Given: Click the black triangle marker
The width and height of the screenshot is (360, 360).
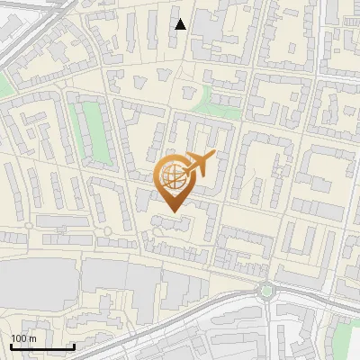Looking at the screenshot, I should tap(181, 24).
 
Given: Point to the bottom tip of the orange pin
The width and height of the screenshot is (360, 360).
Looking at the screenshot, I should tap(174, 211).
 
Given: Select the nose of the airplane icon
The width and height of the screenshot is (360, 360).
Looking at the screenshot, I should tap(214, 156).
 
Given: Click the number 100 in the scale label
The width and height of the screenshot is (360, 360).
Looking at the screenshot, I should tap(19, 338).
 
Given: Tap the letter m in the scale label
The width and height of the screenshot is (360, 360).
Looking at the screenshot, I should tap(31, 338).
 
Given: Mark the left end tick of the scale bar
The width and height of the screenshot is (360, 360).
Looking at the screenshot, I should tap(10, 346).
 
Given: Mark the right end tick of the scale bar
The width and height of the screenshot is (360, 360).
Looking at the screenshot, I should tap(74, 346).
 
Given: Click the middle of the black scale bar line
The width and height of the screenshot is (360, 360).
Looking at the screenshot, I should tap(41, 347).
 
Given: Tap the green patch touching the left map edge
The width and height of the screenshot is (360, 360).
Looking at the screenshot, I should tap(5, 86).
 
